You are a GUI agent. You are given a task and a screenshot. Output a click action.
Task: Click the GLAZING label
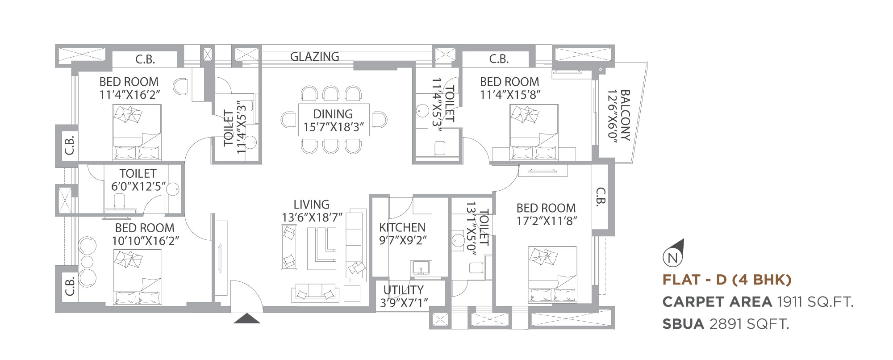pos(315,57)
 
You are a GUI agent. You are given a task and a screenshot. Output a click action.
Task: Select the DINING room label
pos(333,114)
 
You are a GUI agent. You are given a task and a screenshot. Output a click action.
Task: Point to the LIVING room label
pos(311,205)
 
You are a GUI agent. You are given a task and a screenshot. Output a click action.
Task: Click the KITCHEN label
pos(402,227)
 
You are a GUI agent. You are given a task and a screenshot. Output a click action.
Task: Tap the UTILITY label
pos(404,290)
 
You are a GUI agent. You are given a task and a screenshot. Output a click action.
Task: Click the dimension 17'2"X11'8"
pos(547,221)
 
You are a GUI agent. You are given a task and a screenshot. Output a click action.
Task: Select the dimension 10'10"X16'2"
pos(146,241)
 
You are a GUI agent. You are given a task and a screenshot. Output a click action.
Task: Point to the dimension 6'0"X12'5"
pos(138,186)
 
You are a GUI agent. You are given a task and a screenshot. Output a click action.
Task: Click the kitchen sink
pos(421,268)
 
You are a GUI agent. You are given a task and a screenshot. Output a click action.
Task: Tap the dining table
pos(334,120)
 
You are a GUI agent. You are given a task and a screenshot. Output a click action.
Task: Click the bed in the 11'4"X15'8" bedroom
pos(534,132)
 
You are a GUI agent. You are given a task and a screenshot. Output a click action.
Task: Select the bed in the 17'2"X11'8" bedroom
pos(552,274)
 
